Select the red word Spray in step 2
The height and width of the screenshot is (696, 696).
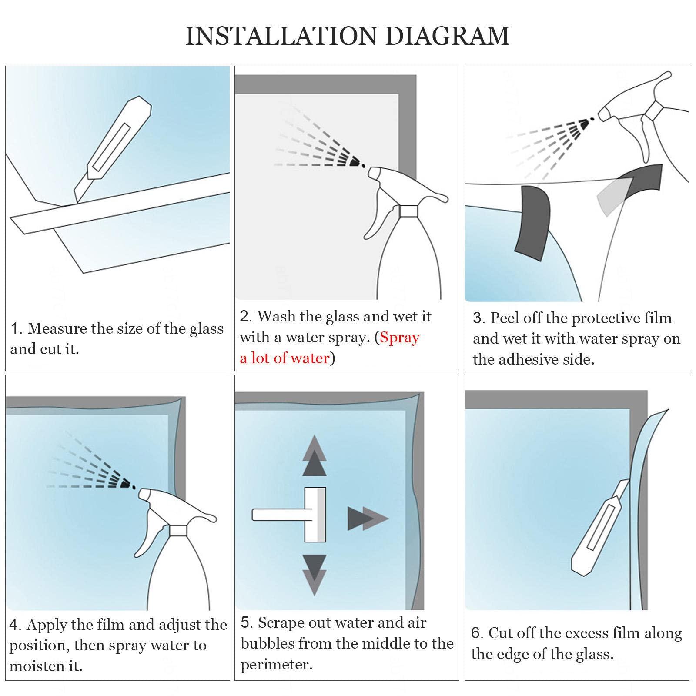point(400,338)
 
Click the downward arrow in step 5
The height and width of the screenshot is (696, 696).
point(314,575)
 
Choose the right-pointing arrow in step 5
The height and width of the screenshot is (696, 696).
point(368,519)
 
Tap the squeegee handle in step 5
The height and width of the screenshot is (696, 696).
point(278,515)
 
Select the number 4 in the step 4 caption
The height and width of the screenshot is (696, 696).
point(14,625)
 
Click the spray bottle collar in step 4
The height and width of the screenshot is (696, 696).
point(178,530)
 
